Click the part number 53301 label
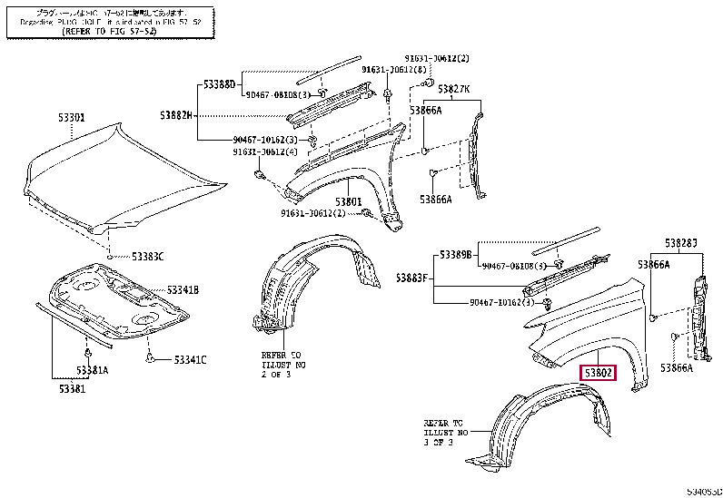coord(73,118)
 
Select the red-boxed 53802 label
coord(599,372)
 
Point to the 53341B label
coord(182,290)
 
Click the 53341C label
coord(190,360)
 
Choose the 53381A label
coord(93,370)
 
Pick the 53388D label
coord(218,85)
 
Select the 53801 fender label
coord(348,201)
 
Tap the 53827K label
coord(453,89)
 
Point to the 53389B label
coord(457,255)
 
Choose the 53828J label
coord(680,242)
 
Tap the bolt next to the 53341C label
coord(148,358)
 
